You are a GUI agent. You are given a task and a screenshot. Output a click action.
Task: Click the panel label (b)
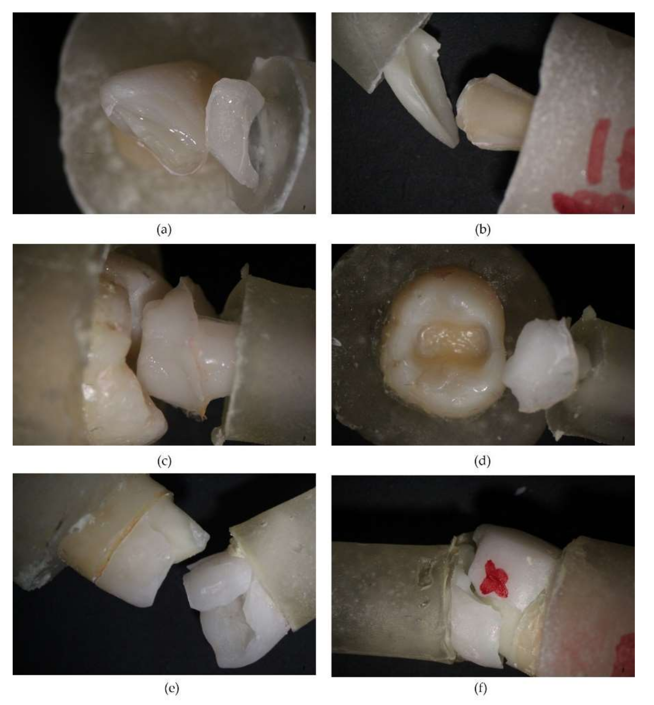click(483, 230)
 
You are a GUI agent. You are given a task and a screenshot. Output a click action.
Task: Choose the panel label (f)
click(481, 688)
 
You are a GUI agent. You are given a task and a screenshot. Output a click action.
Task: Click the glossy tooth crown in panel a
click(156, 117)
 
